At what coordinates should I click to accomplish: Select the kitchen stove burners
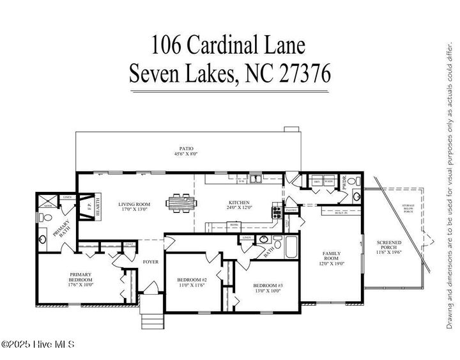click(277, 212)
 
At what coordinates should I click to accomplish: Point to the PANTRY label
click(292, 210)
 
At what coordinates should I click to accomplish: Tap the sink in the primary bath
click(43, 240)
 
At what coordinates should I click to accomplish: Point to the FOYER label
click(150, 261)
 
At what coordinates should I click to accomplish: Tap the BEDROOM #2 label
click(191, 280)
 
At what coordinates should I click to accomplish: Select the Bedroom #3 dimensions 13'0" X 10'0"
click(267, 291)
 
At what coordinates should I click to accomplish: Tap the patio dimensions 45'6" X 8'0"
click(186, 154)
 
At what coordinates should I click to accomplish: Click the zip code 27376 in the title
click(305, 74)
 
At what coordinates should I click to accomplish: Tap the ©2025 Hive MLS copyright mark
click(38, 344)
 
